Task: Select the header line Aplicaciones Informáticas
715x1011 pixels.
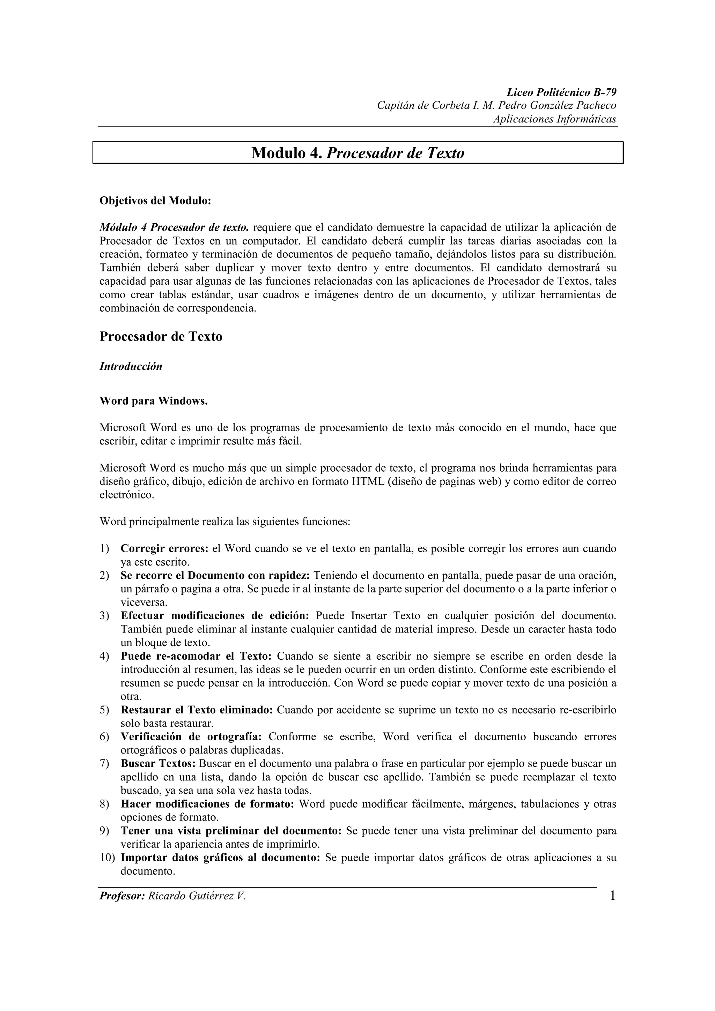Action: tap(554, 119)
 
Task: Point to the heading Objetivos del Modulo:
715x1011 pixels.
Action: tap(155, 201)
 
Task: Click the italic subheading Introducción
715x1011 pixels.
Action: tap(131, 366)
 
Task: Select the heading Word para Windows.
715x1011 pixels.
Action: tap(153, 401)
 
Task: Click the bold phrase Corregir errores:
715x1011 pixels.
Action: tap(164, 549)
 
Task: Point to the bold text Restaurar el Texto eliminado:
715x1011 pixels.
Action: tap(197, 710)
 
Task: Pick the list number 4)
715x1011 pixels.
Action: tap(104, 656)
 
